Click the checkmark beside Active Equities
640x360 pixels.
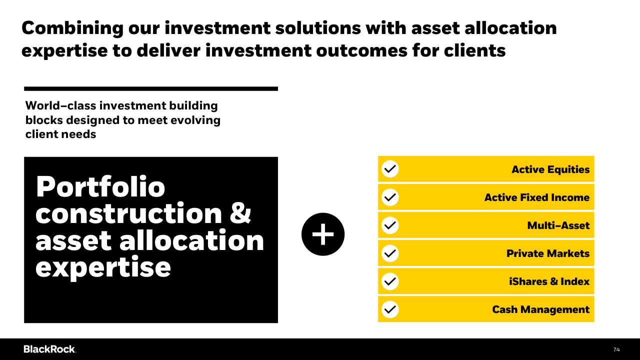390,169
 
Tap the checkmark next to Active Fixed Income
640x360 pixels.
390,197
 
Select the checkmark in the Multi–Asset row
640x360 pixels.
390,225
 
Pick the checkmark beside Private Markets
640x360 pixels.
390,253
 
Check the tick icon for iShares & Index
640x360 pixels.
390,281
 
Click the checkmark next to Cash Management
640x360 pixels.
390,309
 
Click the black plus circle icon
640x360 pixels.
323,234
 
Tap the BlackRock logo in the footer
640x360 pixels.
49,349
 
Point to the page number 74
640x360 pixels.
616,349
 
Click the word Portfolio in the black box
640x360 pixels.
100,187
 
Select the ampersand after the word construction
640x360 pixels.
240,213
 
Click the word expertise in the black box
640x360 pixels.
103,267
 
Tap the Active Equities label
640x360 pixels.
550,169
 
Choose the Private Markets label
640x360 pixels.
548,253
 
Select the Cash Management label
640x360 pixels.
541,309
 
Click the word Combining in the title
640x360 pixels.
72,28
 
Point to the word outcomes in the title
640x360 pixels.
361,50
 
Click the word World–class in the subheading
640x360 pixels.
61,105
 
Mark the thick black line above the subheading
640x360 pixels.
151,89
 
